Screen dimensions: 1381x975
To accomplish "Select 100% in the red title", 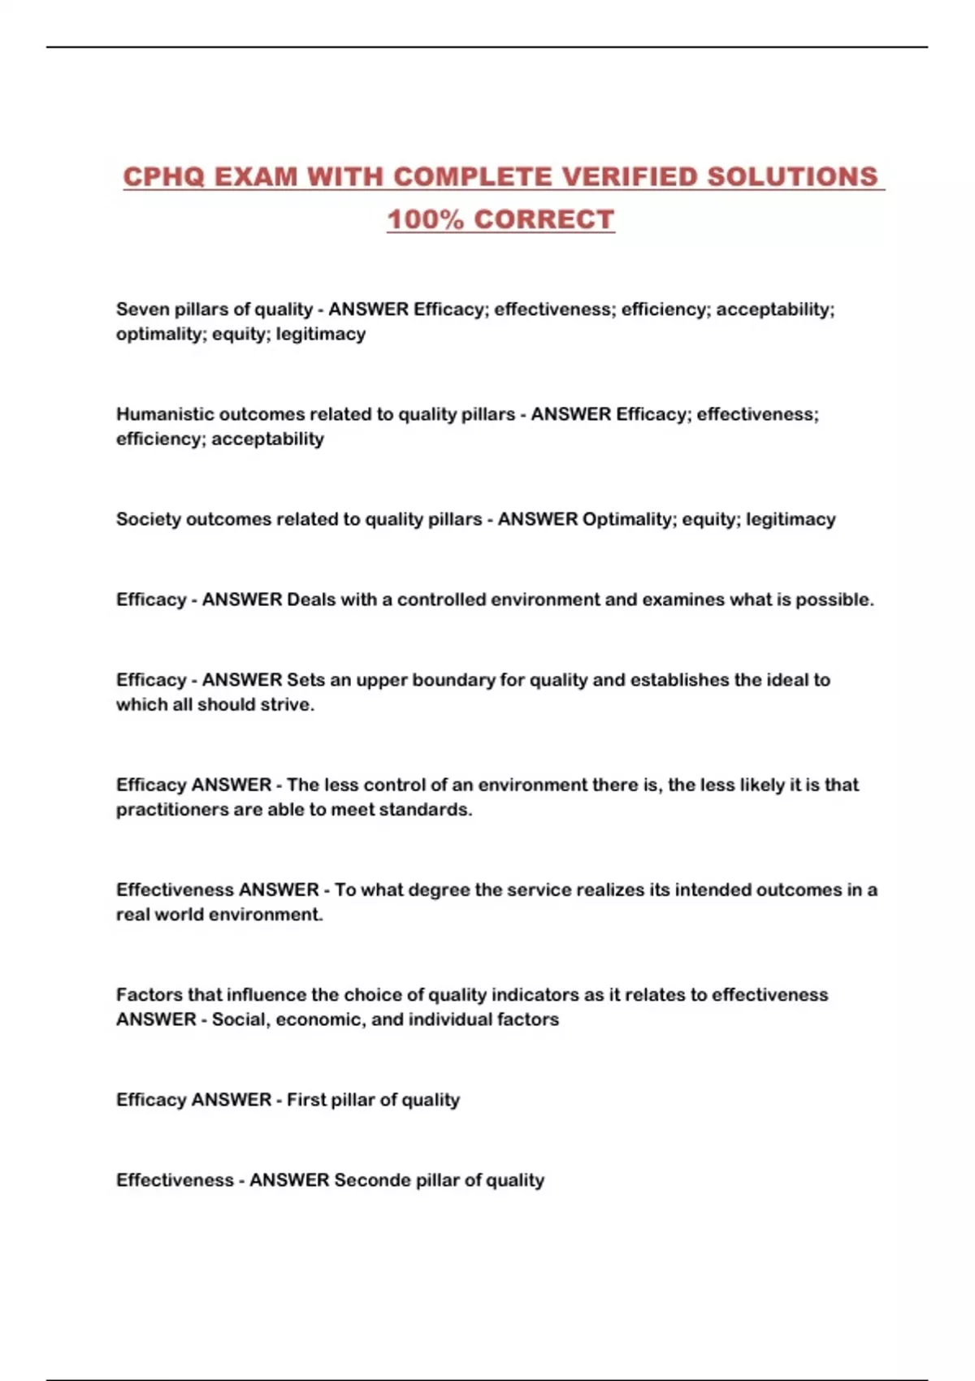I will pos(425,219).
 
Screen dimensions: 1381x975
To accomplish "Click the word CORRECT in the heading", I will pos(544,219).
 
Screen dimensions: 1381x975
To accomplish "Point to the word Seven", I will pos(142,310).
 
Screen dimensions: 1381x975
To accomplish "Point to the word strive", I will pos(287,704).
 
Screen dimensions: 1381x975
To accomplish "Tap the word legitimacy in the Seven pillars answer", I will pos(321,334).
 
